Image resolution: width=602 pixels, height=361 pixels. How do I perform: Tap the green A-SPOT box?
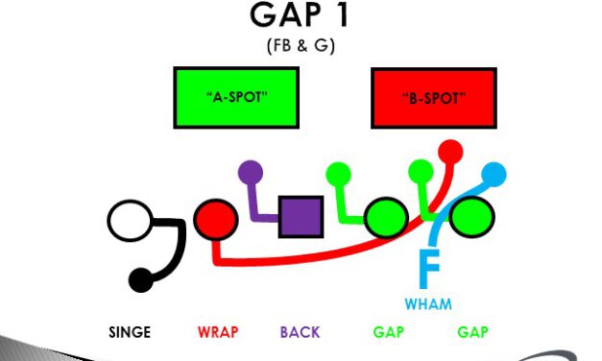(235, 98)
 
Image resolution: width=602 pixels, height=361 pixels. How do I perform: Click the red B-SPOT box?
(433, 98)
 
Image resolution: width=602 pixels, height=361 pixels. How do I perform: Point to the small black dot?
(140, 280)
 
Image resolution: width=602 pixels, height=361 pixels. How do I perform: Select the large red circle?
(216, 219)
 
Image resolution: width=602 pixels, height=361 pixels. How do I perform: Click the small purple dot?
(250, 173)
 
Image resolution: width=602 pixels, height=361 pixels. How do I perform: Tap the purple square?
(301, 217)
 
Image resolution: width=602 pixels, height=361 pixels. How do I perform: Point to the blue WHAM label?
(428, 304)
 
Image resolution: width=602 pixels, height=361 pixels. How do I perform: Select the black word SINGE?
(129, 333)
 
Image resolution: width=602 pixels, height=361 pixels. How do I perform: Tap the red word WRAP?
(217, 333)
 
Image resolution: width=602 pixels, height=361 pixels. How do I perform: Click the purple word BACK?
(300, 333)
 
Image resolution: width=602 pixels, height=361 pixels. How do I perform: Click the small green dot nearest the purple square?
(338, 174)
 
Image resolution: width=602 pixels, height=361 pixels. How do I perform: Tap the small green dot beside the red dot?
(421, 172)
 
